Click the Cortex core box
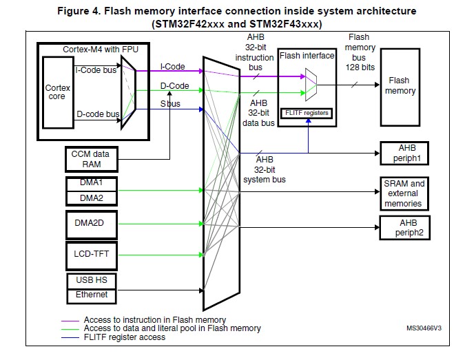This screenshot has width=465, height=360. pyautogui.click(x=57, y=92)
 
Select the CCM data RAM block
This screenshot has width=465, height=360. pyautogui.click(x=90, y=158)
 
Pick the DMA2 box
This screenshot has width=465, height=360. pyautogui.click(x=91, y=198)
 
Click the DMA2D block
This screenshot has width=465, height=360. pyautogui.click(x=91, y=224)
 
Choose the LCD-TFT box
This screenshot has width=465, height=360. pyautogui.click(x=91, y=254)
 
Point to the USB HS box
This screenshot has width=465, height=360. pyautogui.click(x=91, y=281)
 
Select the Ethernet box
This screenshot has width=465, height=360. pyautogui.click(x=91, y=295)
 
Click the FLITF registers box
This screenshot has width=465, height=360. pyautogui.click(x=307, y=113)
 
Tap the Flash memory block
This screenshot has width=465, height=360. pyautogui.click(x=402, y=86)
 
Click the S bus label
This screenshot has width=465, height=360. pyautogui.click(x=172, y=103)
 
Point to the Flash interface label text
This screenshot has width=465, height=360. pyautogui.click(x=307, y=56)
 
